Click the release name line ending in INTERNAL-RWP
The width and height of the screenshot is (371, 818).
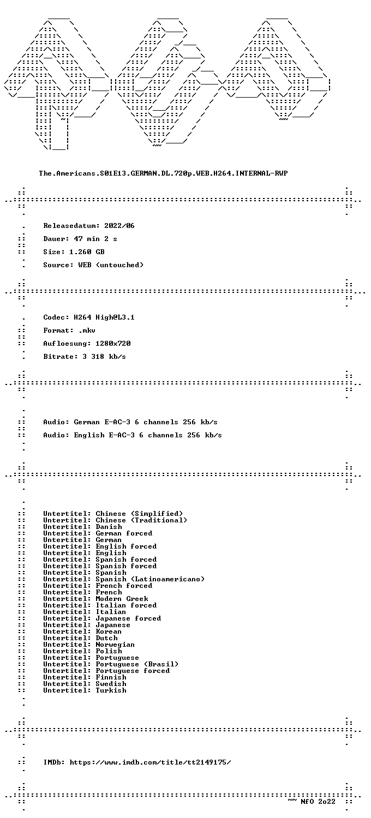pyautogui.click(x=163, y=173)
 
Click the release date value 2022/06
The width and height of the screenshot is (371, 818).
pyautogui.click(x=119, y=226)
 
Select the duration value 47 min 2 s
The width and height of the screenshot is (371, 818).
pyautogui.click(x=95, y=239)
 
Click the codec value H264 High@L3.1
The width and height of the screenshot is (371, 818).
pyautogui.click(x=104, y=317)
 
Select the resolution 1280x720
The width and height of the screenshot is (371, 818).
pyautogui.click(x=113, y=344)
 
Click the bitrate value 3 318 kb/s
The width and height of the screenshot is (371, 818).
pyautogui.click(x=104, y=357)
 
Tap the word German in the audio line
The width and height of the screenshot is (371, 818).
pyautogui.click(x=87, y=422)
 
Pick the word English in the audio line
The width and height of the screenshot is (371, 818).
pyautogui.click(x=89, y=435)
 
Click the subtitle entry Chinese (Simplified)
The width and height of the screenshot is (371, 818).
pyautogui.click(x=139, y=514)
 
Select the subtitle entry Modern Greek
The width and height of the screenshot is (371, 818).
pyautogui.click(x=122, y=599)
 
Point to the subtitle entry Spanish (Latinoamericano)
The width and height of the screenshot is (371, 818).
pyautogui.click(x=150, y=579)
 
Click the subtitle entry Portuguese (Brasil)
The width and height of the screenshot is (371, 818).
pyautogui.click(x=137, y=664)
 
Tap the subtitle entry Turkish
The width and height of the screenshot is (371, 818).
pyautogui.click(x=111, y=690)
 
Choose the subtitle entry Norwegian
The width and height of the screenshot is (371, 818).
pyautogui.click(x=115, y=645)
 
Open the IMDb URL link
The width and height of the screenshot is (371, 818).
pyautogui.click(x=150, y=762)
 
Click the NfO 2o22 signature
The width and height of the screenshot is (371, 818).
pyautogui.click(x=318, y=802)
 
